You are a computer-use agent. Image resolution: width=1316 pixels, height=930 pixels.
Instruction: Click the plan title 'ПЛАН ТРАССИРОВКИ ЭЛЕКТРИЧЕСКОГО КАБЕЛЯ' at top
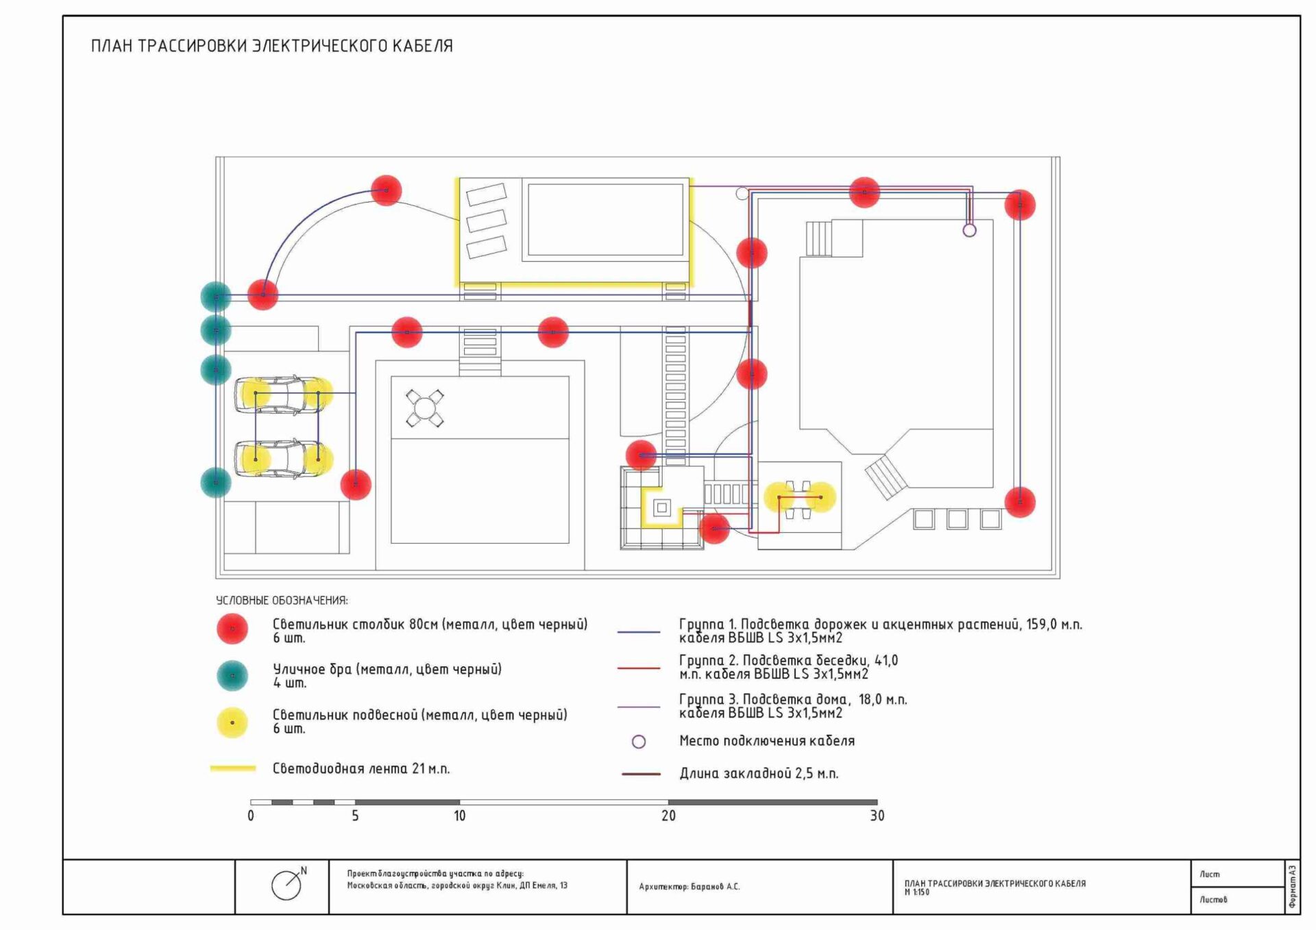(x=271, y=46)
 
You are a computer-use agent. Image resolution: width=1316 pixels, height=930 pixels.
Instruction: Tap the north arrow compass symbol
(x=287, y=885)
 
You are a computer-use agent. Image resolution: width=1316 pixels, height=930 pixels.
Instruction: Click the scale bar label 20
(x=668, y=816)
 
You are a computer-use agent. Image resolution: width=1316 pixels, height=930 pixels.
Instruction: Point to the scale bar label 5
(x=355, y=816)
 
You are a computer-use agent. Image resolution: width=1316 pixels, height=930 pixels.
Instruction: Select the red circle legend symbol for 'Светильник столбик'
(x=232, y=629)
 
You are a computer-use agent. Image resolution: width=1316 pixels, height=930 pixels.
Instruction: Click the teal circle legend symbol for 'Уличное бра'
(x=232, y=675)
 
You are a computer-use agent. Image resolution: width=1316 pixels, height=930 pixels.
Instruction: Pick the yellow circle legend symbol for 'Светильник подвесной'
(x=232, y=722)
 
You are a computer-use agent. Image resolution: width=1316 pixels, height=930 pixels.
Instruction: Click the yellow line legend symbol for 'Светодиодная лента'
(x=233, y=768)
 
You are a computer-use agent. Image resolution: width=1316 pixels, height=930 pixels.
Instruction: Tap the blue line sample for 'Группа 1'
(x=639, y=631)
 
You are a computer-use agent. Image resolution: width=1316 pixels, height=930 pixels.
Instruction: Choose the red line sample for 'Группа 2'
(x=639, y=668)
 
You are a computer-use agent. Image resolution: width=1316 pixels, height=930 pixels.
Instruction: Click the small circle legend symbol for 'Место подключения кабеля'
(x=639, y=742)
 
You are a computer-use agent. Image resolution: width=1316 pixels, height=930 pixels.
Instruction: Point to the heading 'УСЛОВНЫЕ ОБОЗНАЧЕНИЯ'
(x=282, y=601)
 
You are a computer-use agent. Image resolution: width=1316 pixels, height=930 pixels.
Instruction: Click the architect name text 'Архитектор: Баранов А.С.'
(x=689, y=886)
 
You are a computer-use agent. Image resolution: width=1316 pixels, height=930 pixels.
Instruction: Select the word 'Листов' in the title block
(x=1213, y=899)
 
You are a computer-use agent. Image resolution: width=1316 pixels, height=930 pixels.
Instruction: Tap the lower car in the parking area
(x=281, y=459)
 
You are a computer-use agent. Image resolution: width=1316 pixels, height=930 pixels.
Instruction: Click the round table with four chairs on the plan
(x=424, y=408)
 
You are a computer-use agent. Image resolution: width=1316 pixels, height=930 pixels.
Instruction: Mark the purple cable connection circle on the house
(x=969, y=231)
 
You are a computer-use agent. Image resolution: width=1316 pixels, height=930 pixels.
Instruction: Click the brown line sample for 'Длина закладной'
(x=641, y=774)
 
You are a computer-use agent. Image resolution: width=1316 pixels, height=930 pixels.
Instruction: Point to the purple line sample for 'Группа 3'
(x=639, y=706)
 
